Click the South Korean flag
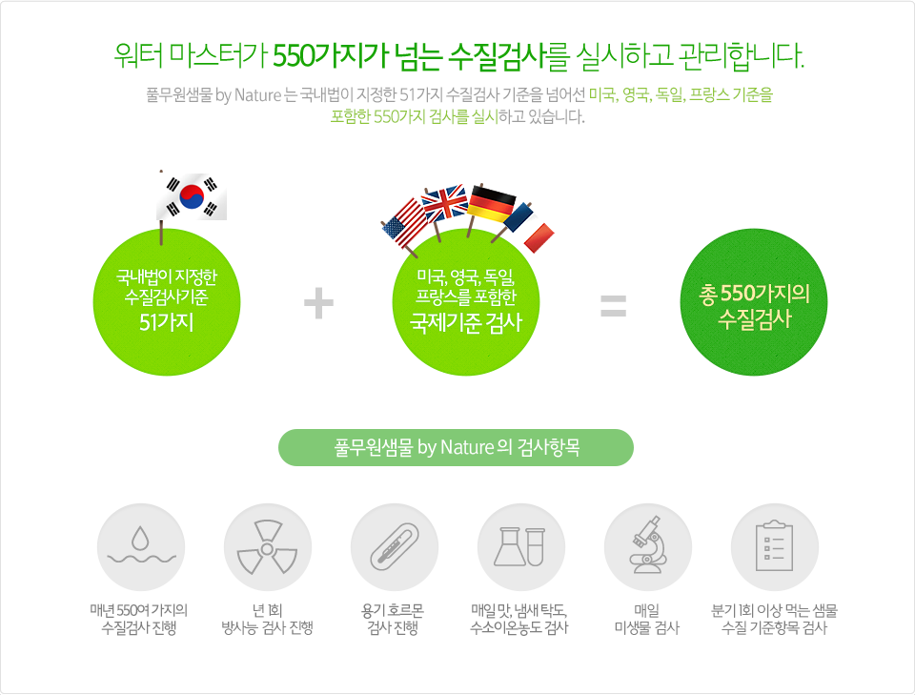pyautogui.click(x=192, y=196)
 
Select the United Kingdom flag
pyautogui.click(x=445, y=203)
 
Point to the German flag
pyautogui.click(x=492, y=204)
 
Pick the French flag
pyautogui.click(x=529, y=227)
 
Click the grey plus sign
pyautogui.click(x=318, y=303)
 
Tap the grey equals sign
pyautogui.click(x=613, y=306)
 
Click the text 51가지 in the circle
pyautogui.click(x=166, y=322)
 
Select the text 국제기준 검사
pyautogui.click(x=466, y=322)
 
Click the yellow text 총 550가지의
pyautogui.click(x=754, y=294)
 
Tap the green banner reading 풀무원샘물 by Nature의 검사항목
pyautogui.click(x=456, y=447)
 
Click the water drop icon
pyautogui.click(x=141, y=546)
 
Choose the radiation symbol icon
pyautogui.click(x=267, y=547)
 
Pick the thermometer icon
pyautogui.click(x=395, y=547)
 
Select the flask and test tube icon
pyautogui.click(x=520, y=547)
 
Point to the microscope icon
pyautogui.click(x=648, y=544)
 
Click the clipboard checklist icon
pyautogui.click(x=774, y=545)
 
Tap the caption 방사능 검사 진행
pyautogui.click(x=267, y=628)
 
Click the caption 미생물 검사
pyautogui.click(x=647, y=628)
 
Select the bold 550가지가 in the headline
pyautogui.click(x=332, y=56)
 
